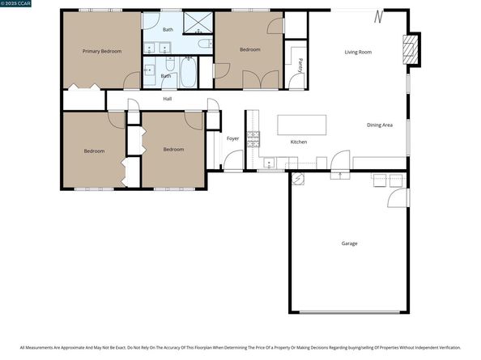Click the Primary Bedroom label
tap(102, 51)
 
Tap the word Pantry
tap(300, 65)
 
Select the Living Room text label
tap(358, 52)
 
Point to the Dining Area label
tap(380, 125)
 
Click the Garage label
tap(349, 243)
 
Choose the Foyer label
tap(232, 138)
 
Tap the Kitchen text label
tap(299, 142)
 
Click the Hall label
tap(168, 99)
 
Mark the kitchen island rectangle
tap(302, 125)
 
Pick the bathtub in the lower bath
tap(188, 76)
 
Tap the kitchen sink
tap(268, 163)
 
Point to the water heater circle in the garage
tap(297, 180)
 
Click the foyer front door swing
tap(232, 161)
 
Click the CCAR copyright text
tap(15, 6)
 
